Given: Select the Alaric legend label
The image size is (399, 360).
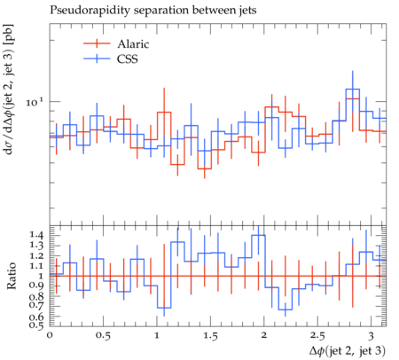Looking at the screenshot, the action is coord(133,44).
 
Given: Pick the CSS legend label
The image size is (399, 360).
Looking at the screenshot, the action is coord(128,59).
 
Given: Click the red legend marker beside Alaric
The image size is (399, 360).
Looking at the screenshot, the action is coord(97,43).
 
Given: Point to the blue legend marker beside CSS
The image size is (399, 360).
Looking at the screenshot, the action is coord(97,59).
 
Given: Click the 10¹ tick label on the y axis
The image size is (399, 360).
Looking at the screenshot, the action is coord(35,102).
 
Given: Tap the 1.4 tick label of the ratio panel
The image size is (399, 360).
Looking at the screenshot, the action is coord(36,236).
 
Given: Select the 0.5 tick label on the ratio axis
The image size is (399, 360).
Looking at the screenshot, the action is coord(36,325).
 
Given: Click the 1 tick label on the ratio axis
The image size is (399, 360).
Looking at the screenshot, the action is coord(41,276).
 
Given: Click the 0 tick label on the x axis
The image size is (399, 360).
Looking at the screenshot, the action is coord(50,336).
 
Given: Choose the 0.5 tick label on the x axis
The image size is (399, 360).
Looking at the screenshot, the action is coord(103,336).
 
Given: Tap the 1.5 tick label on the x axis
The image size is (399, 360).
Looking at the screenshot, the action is coord(210,336).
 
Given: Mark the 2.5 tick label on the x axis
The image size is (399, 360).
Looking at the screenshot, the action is coord(317,336).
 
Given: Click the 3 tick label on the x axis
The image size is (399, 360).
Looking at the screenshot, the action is coord(371,336).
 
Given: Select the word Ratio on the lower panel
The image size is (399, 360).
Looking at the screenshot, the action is coord(12,276).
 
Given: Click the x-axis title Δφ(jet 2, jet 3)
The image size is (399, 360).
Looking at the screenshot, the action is coord(348,350).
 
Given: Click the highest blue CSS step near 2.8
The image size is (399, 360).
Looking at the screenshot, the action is coord(353,89).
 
